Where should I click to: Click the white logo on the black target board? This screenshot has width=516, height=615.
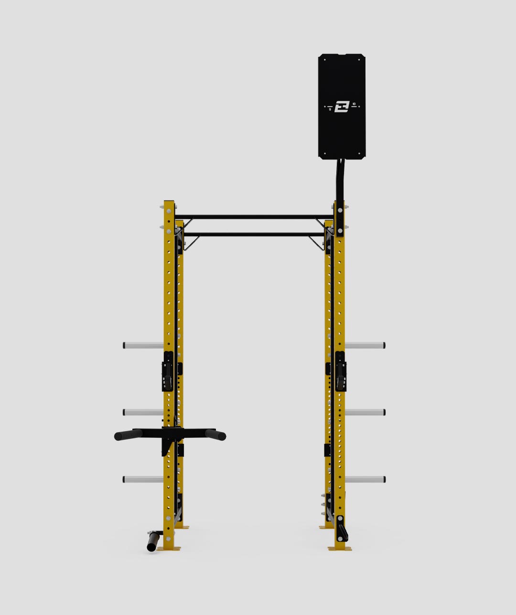point(342,106)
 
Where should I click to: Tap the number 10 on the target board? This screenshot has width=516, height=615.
point(354,104)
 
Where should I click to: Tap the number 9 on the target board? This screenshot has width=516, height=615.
point(330,109)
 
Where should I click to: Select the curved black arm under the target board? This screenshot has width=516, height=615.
point(340,179)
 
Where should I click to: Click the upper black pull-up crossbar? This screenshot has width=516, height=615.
point(253,217)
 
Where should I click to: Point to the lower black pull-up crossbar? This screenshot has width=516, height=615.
point(253,234)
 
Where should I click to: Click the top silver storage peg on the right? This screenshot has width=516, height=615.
point(365,345)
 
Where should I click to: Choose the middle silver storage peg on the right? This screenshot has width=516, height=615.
point(365,412)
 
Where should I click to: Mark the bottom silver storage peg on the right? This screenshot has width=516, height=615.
point(365,479)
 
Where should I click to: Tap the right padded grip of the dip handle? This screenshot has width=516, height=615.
point(215,435)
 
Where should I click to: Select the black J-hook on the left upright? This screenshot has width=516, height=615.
point(168,372)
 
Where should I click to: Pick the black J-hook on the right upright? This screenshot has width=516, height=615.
point(340,372)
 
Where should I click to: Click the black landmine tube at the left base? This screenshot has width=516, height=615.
point(153,541)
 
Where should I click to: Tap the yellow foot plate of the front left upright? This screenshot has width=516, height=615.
point(170,548)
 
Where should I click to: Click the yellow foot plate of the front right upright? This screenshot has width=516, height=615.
point(340,548)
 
